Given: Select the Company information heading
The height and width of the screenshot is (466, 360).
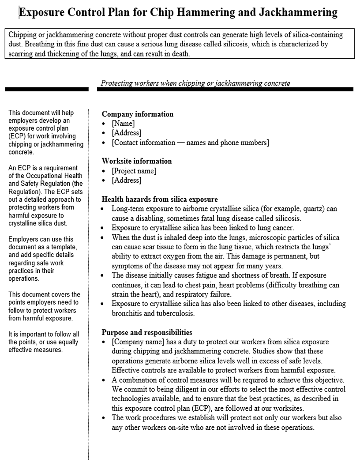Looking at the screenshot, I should click(x=138, y=114).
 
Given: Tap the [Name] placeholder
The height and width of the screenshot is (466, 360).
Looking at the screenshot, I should click(x=123, y=124).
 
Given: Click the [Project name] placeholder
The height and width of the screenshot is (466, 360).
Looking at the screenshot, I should click(x=134, y=171).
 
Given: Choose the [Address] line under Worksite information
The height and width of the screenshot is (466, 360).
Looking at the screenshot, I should click(x=126, y=180).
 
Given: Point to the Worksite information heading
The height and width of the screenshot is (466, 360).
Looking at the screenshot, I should click(x=137, y=161).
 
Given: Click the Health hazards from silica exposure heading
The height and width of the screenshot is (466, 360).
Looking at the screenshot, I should click(x=160, y=199).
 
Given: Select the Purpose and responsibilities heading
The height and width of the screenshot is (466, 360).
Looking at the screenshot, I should click(x=147, y=332).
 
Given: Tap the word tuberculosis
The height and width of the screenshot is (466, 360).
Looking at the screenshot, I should click(x=173, y=314).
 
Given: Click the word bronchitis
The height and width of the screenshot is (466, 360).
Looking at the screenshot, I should click(x=129, y=314).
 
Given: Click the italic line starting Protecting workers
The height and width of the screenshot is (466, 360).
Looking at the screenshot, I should click(x=195, y=83).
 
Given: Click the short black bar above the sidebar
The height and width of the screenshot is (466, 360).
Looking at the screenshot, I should click(x=47, y=89).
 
